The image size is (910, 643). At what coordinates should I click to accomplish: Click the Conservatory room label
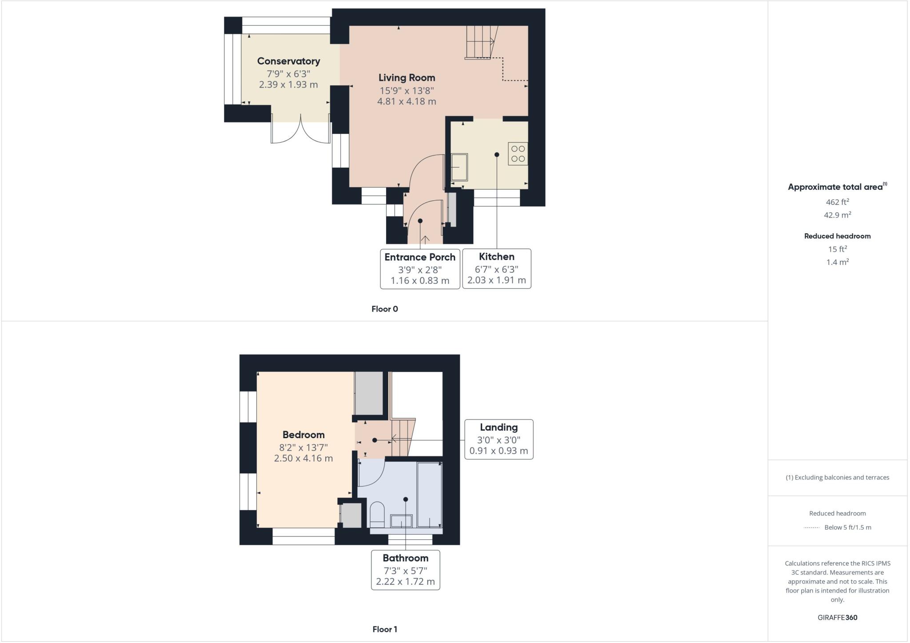pos(288,61)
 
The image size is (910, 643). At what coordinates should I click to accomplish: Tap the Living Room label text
pos(407,78)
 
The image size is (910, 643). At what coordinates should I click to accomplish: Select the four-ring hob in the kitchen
pos(518,154)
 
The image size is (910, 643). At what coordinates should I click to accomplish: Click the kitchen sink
pos(459,167)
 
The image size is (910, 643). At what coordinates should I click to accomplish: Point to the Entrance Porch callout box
pos(420,268)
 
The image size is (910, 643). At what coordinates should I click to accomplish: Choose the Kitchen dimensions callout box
pos(496,268)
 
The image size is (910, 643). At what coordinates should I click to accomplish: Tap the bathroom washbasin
pos(401,520)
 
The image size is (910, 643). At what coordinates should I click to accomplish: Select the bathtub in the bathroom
pos(429,494)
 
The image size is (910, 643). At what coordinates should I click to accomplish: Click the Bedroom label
pos(303,435)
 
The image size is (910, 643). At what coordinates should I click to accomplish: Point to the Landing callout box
pos(499,439)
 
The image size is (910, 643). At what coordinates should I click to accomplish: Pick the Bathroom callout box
pos(405,570)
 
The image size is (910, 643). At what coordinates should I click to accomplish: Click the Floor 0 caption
pos(385,309)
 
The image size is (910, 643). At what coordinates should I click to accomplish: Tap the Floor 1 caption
pos(385,629)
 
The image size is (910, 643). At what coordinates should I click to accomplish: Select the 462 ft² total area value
pos(837,202)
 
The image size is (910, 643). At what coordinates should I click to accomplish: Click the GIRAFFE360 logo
pos(837,617)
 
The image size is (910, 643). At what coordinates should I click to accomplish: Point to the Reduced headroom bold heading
pos(837,236)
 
